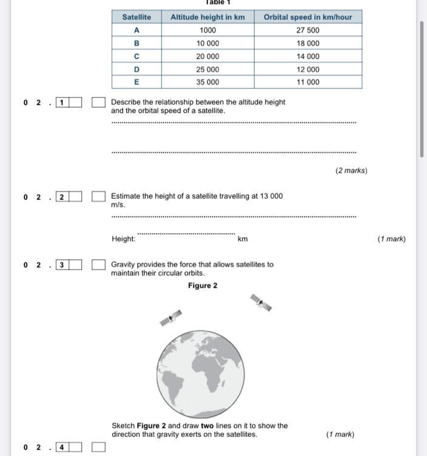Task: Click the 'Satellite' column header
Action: pyautogui.click(x=136, y=17)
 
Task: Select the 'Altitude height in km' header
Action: pyautogui.click(x=207, y=17)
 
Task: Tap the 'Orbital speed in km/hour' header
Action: pyautogui.click(x=308, y=17)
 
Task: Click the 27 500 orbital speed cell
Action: pyautogui.click(x=308, y=30)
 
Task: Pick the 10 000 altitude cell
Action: pyautogui.click(x=207, y=43)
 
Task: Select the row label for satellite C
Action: pyautogui.click(x=136, y=56)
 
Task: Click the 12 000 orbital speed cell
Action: pyautogui.click(x=308, y=69)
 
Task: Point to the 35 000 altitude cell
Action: pyautogui.click(x=207, y=82)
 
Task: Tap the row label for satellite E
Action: pyautogui.click(x=136, y=82)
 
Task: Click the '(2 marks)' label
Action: pyautogui.click(x=351, y=171)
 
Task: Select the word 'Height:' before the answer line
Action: pyautogui.click(x=123, y=239)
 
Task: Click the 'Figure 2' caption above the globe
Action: pyautogui.click(x=203, y=285)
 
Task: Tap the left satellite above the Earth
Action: pyautogui.click(x=171, y=318)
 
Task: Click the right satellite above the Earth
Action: pyautogui.click(x=261, y=302)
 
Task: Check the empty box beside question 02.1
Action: pyautogui.click(x=98, y=103)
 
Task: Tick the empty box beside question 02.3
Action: pyautogui.click(x=98, y=265)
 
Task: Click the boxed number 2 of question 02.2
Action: pyautogui.click(x=61, y=197)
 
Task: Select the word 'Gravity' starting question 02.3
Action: pyautogui.click(x=124, y=265)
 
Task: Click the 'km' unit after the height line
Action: pyautogui.click(x=243, y=239)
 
